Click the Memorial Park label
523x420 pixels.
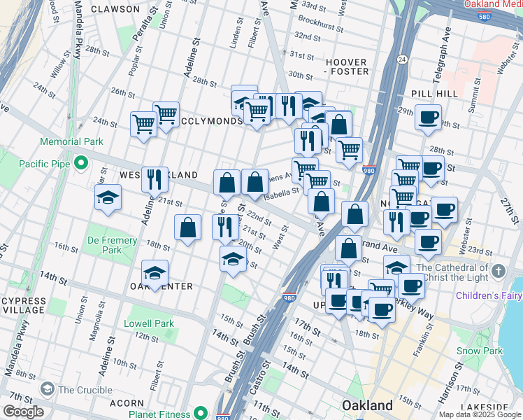point(71,141)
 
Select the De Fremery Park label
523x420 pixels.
point(113,245)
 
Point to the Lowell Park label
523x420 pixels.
point(148,324)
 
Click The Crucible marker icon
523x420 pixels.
point(48,389)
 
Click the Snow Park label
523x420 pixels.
point(479,351)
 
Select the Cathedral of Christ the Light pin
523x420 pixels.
point(499,270)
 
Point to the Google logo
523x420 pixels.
point(23,412)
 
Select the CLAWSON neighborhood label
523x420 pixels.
point(115,9)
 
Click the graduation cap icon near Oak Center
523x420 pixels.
point(155,272)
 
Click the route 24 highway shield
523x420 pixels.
point(402,57)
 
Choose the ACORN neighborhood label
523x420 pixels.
point(127,404)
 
